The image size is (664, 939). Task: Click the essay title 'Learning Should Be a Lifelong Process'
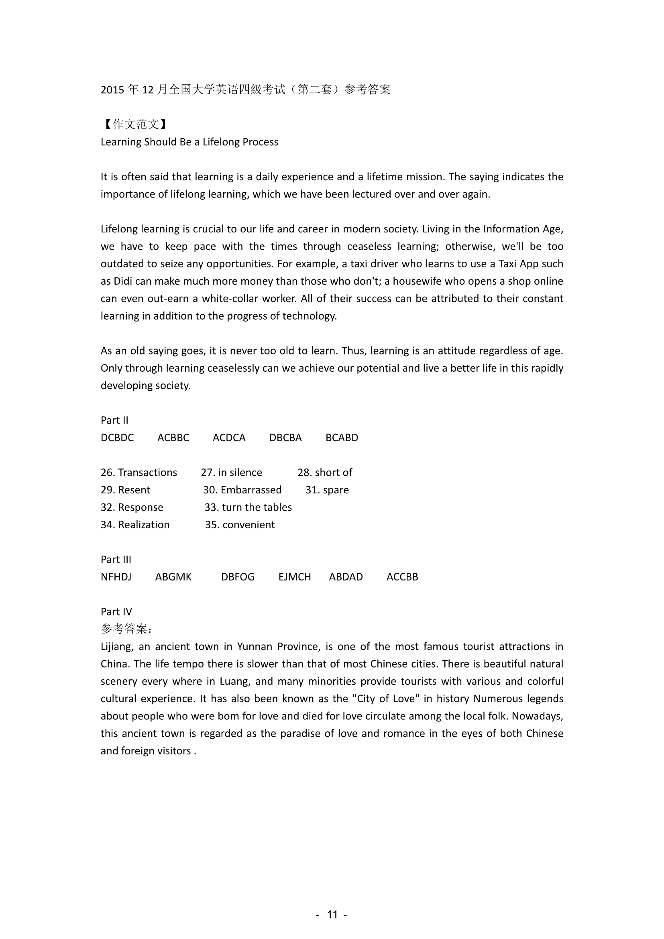coord(189,142)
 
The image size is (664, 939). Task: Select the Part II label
coord(114,420)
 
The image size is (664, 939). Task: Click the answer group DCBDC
coord(117,438)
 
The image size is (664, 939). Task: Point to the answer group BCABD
coord(342,438)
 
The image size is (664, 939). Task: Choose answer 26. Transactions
coord(139,473)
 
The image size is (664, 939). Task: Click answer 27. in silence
coord(231,473)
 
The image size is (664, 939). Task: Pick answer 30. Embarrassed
coord(242,490)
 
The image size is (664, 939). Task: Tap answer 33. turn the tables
coord(248,507)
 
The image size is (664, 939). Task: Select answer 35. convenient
coord(240,525)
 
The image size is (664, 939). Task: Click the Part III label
coord(116,560)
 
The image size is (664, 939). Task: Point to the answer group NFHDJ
coord(116,577)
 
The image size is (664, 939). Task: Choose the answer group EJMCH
coord(295,577)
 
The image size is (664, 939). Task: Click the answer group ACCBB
coord(402,577)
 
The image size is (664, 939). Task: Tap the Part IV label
coord(116,612)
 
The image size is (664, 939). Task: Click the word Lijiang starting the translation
coord(116,647)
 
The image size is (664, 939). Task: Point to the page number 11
coord(332,915)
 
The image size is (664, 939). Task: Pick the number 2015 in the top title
coord(112,90)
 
